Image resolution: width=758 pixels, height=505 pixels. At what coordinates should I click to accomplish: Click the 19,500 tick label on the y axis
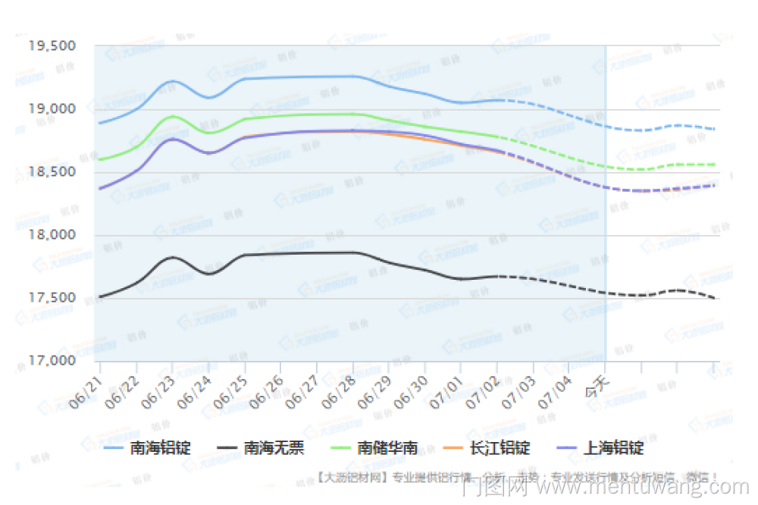[x=52, y=45]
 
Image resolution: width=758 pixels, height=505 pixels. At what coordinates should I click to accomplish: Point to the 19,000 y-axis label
[x=52, y=108]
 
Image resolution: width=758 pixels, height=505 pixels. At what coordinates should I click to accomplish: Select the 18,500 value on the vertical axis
[x=52, y=172]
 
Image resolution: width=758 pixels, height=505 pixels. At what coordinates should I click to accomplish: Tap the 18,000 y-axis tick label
[x=52, y=235]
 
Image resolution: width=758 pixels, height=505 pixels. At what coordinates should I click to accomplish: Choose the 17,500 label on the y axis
[x=52, y=298]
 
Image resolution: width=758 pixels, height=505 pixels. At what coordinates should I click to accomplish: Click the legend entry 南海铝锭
[x=160, y=448]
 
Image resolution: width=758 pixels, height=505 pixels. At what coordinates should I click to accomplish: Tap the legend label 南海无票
[x=273, y=448]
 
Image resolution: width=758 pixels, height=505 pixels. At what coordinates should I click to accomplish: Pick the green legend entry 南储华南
[x=387, y=448]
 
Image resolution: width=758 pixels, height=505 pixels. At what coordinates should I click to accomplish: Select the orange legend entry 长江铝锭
[x=500, y=448]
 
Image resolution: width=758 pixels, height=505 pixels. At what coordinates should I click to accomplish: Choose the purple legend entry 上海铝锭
[x=613, y=448]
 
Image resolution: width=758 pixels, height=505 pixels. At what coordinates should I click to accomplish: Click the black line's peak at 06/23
[x=173, y=258]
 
